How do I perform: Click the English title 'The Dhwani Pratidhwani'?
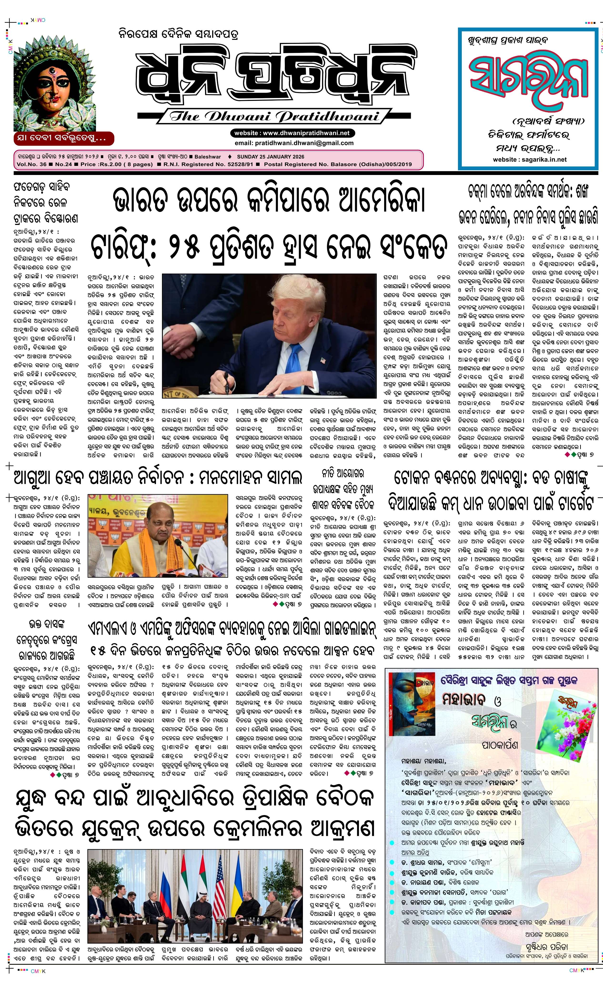pos(274,117)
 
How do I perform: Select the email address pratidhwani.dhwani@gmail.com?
pos(294,143)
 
